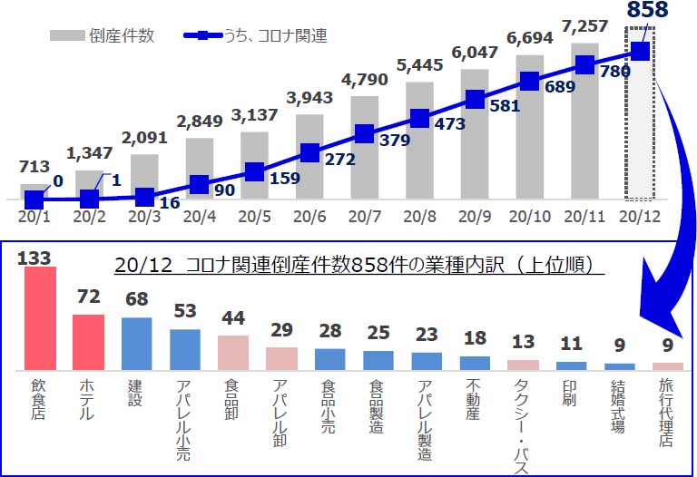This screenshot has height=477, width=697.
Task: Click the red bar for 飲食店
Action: coord(39,318)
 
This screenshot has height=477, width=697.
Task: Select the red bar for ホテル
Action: coord(88,343)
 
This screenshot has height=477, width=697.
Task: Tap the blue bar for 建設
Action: coord(136,344)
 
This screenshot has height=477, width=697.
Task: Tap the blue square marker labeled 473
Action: coord(419,118)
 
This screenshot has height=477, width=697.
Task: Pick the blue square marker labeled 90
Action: coord(200,184)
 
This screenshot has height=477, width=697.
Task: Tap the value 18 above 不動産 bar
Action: coord(475,339)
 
